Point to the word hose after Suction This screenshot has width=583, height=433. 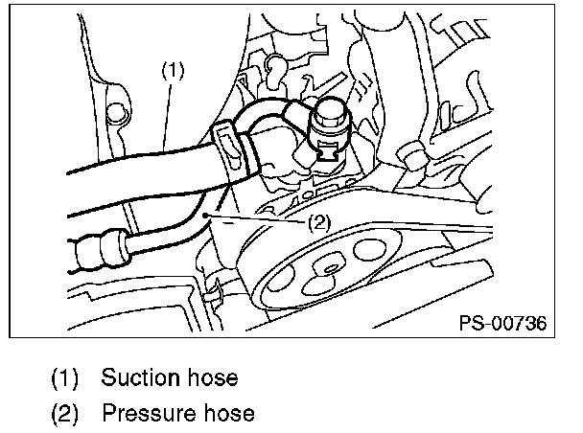click(x=211, y=376)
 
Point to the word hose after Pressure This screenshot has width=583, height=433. click(x=227, y=413)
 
